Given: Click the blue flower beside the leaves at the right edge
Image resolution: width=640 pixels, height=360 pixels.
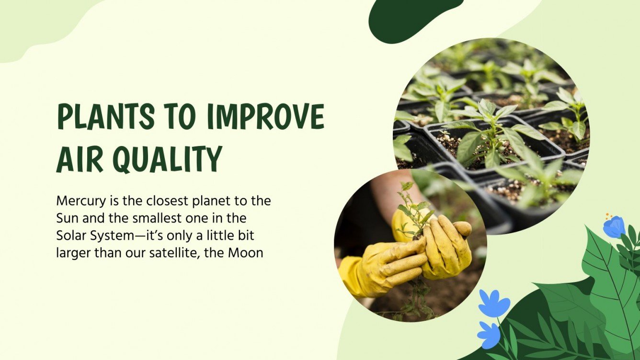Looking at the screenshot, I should (614, 227).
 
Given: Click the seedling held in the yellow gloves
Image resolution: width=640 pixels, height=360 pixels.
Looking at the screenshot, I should (413, 211).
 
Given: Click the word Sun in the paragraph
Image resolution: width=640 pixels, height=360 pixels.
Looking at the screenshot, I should (66, 218).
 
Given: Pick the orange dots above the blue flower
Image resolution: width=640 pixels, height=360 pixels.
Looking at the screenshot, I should (608, 216).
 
